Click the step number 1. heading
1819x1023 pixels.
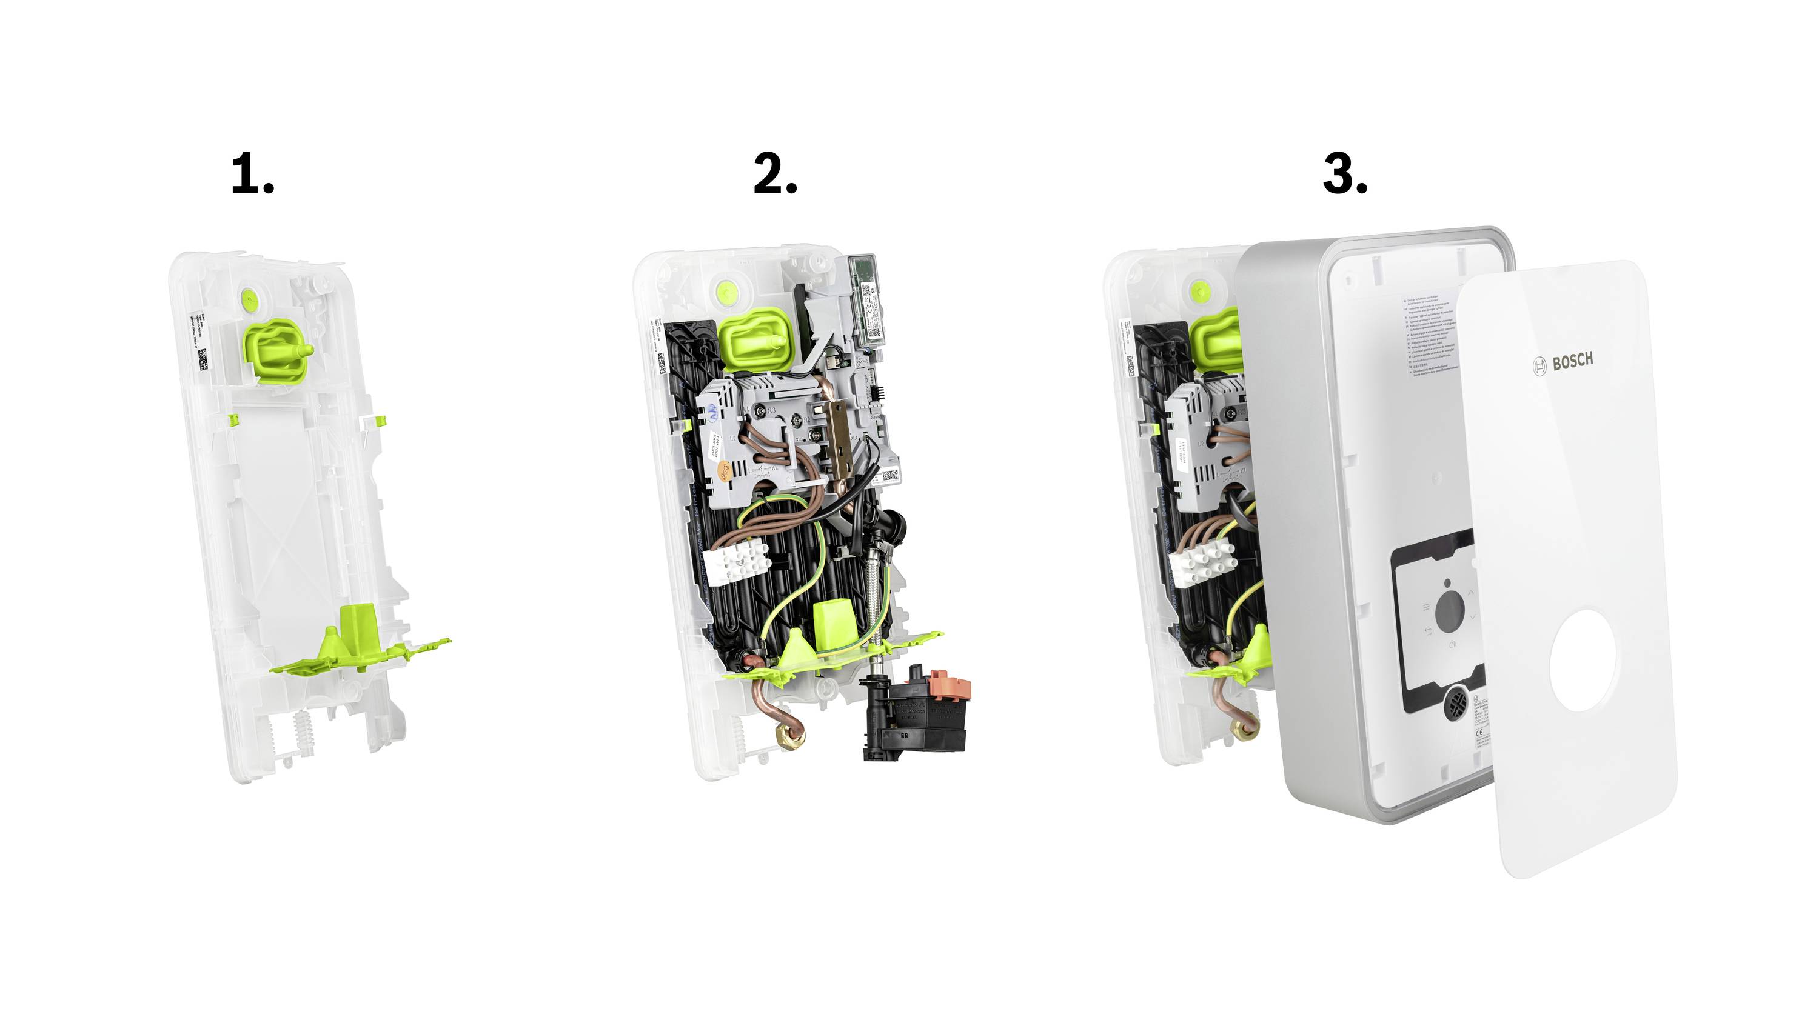click(252, 174)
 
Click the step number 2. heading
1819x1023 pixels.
click(775, 174)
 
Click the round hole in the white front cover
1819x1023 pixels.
click(1583, 660)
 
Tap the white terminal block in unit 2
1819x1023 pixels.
click(734, 562)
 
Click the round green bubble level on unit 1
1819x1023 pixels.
click(249, 299)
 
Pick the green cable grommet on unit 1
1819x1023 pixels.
click(278, 350)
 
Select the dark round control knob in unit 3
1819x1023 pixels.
click(1449, 611)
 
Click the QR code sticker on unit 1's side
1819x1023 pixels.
click(203, 359)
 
